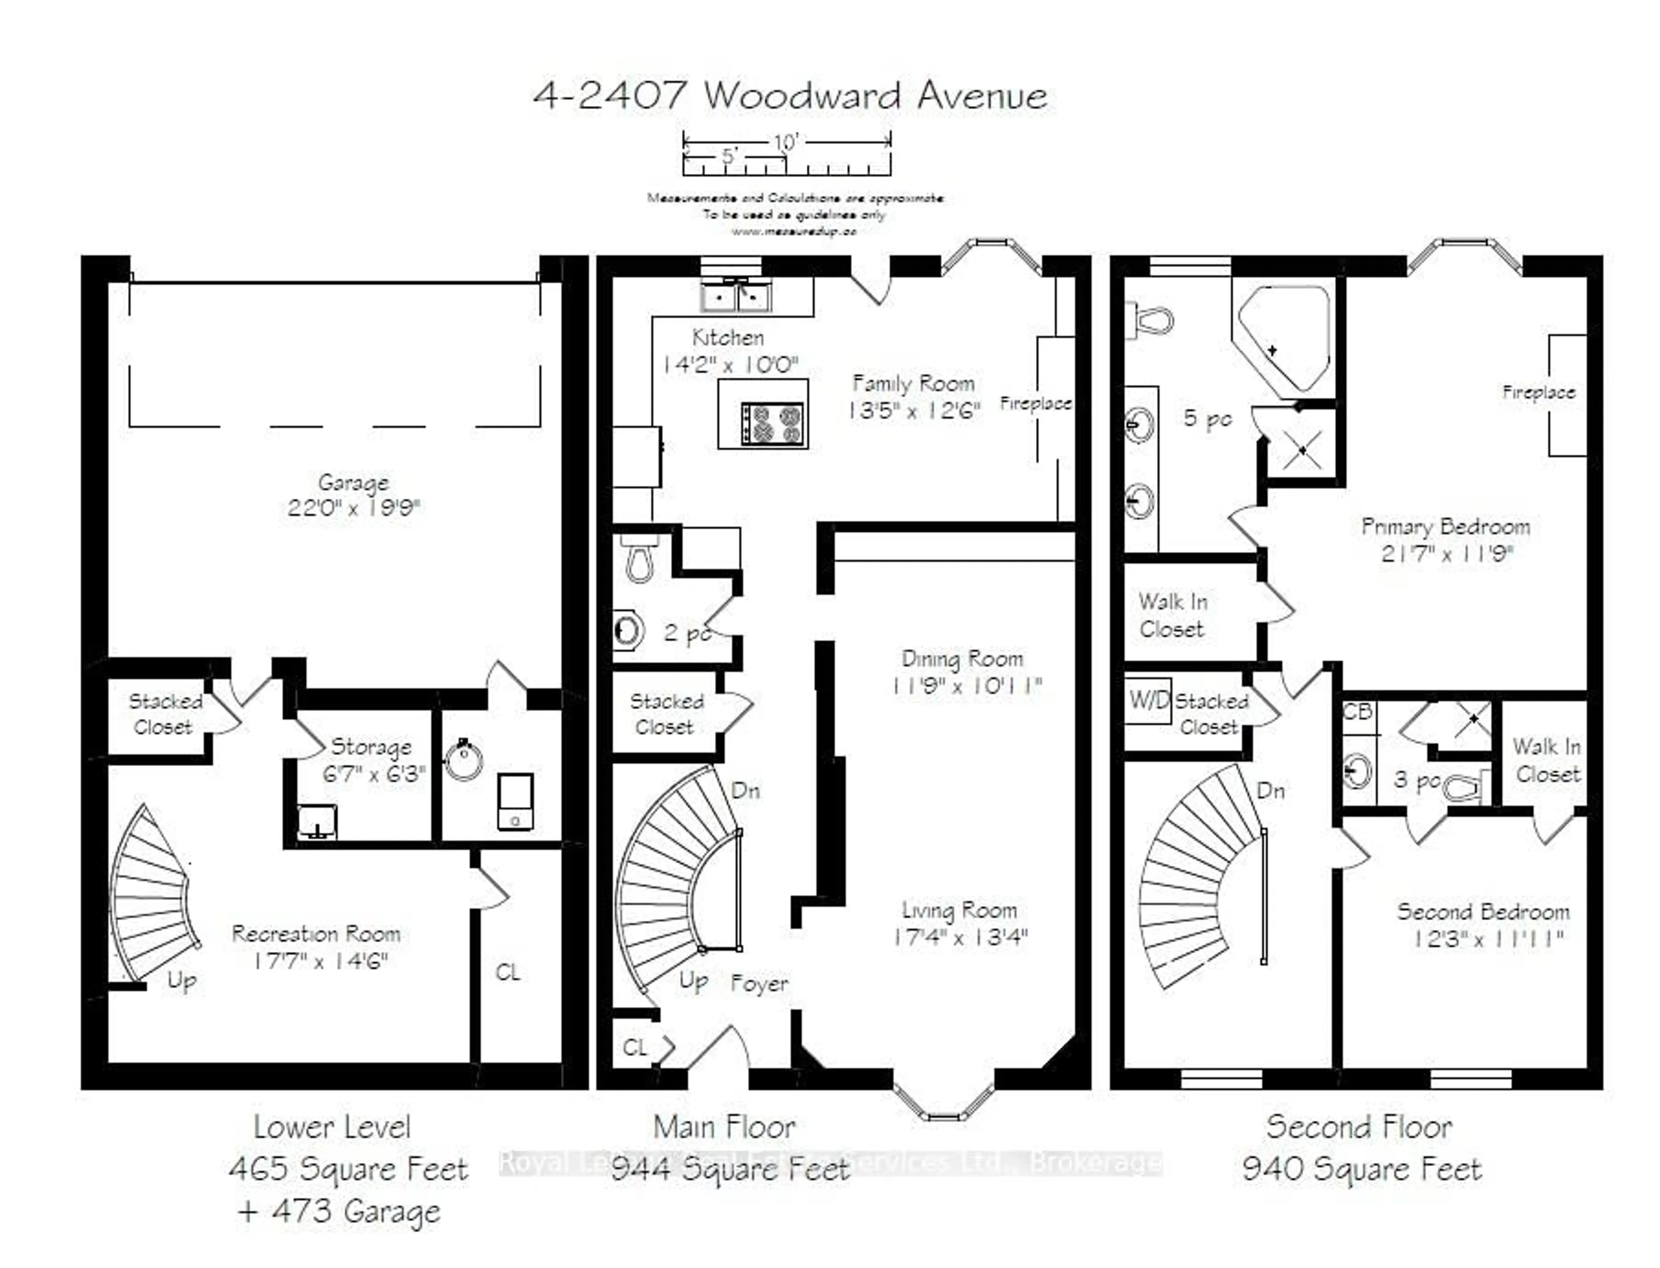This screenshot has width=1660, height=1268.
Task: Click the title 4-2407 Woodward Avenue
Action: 789,96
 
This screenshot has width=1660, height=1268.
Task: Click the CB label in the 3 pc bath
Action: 1357,712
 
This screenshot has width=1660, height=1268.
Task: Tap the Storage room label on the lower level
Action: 371,747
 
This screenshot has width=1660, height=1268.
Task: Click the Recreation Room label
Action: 316,935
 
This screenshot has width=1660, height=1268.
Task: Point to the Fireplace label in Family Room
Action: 1035,404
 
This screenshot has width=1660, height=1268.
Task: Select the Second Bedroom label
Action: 1483,912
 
